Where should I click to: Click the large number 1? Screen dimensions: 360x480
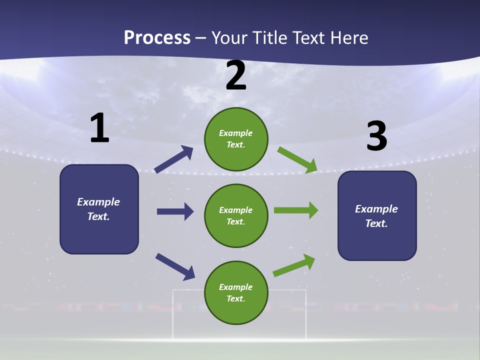tap(99, 128)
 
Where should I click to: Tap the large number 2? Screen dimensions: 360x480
tap(236, 76)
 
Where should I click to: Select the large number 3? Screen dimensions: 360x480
tap(377, 136)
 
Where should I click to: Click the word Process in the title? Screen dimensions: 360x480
tap(157, 37)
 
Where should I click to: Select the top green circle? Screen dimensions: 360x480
tap(236, 138)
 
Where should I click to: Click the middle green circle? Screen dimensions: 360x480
tap(236, 215)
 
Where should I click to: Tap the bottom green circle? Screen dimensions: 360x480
tap(236, 292)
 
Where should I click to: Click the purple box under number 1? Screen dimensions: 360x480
tap(99, 209)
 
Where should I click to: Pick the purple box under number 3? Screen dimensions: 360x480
tap(377, 215)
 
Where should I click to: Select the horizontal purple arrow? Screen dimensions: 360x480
tap(175, 211)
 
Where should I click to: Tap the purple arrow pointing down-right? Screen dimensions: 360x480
tap(175, 266)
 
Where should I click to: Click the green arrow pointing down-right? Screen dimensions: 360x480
tap(297, 159)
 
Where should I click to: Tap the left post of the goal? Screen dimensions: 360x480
tap(173, 315)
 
